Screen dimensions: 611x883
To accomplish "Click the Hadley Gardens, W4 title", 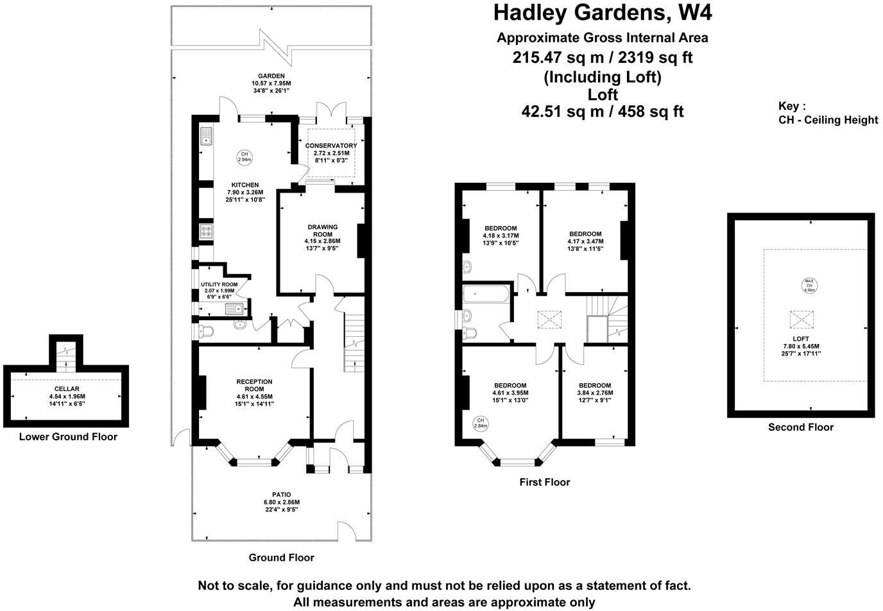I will (603, 12).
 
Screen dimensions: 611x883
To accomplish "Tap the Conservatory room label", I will (331, 146).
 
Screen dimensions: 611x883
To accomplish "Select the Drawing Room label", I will (322, 230).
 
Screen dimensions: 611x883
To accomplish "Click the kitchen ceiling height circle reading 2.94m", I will (244, 157).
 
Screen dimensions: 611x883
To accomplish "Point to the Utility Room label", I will (219, 284).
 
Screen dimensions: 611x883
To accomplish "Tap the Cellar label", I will (67, 389).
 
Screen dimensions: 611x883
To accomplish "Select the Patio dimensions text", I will (281, 506).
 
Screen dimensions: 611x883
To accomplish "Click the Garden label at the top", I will (271, 76).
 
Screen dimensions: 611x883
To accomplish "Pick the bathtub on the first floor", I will (486, 295).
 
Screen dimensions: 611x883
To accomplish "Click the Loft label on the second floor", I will (801, 338).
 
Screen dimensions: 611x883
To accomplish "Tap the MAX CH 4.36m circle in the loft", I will (809, 286).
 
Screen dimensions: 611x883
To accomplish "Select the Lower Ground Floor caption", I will (68, 437).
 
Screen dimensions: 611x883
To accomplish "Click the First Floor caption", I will (544, 482).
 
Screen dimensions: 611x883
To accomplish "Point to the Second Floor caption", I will (800, 427).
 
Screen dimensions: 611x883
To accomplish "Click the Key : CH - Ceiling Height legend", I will (827, 113).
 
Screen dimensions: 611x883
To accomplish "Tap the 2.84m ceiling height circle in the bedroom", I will (481, 423).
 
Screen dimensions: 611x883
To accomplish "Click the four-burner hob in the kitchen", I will (206, 230).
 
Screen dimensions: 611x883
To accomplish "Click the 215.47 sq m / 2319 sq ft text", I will (603, 58).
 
